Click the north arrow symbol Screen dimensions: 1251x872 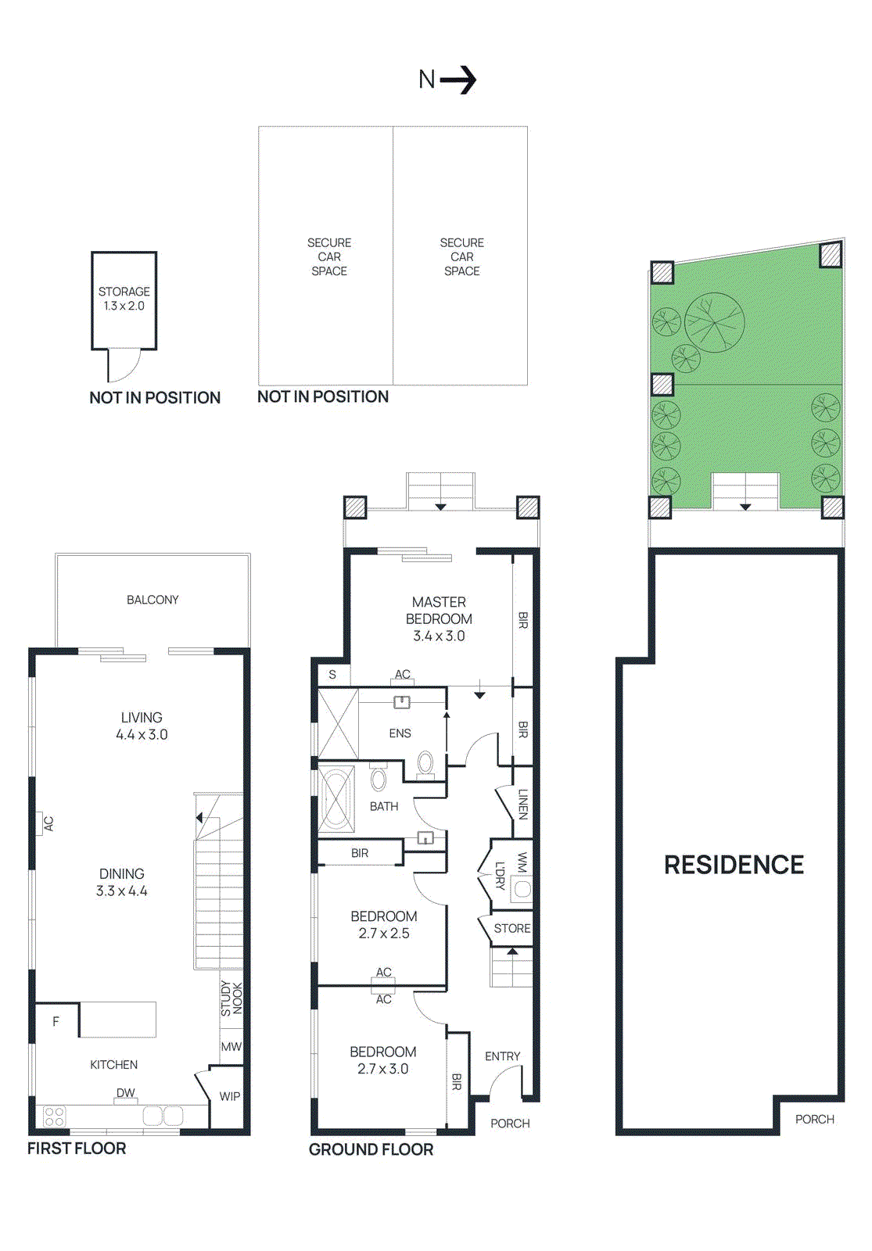click(x=458, y=79)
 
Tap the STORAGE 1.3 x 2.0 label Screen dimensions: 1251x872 click(x=124, y=299)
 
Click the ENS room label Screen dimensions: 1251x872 click(x=400, y=733)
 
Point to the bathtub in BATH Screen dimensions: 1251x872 click(x=336, y=798)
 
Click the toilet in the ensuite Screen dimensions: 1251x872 click(x=425, y=762)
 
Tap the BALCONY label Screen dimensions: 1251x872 click(x=153, y=600)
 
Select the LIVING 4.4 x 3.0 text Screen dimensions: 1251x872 click(x=142, y=726)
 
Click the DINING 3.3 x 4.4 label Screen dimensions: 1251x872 click(x=122, y=882)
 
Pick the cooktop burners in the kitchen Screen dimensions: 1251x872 click(x=54, y=1116)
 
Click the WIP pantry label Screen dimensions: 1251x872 click(x=230, y=1096)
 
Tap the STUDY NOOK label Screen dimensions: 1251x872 click(x=231, y=998)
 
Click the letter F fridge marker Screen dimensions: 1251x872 click(x=56, y=1021)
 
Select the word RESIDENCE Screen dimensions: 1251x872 click(x=734, y=865)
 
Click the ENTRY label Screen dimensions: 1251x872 click(x=502, y=1056)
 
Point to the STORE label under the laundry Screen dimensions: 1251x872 click(x=512, y=928)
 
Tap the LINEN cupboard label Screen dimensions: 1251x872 click(x=522, y=804)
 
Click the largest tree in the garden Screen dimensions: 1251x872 click(x=714, y=322)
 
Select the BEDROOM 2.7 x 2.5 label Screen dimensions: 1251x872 click(x=383, y=924)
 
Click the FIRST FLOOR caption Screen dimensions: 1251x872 click(x=77, y=1148)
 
